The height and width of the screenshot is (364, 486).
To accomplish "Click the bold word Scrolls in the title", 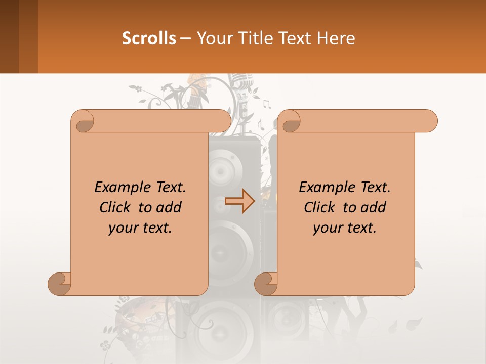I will [x=149, y=38].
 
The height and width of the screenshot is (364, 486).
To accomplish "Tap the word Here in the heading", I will [x=336, y=38].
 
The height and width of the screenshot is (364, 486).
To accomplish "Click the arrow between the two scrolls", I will [x=240, y=201].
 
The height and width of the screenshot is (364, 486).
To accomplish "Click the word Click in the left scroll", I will [x=116, y=207].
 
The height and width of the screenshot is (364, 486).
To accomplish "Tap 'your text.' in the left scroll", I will [x=140, y=228].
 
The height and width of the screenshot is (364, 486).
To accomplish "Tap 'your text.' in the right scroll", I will [x=345, y=228].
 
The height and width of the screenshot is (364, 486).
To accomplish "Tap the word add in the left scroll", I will [x=169, y=207].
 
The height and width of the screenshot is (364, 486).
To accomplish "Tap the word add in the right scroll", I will [x=373, y=207].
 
